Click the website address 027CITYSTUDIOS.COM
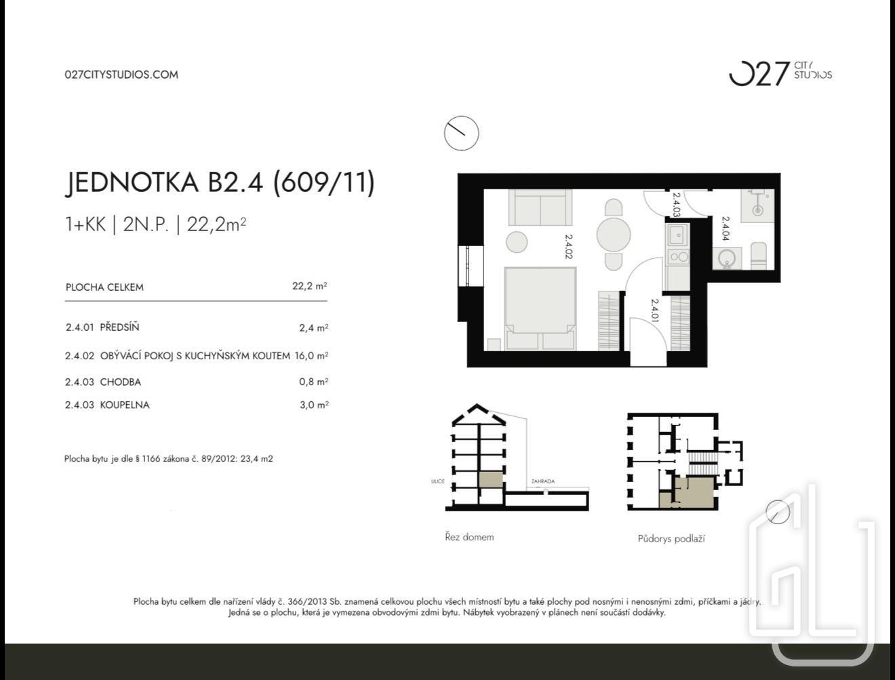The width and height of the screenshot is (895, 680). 121,75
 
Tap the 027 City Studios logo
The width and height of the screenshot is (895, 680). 780,74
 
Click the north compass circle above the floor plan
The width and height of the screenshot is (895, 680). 462,133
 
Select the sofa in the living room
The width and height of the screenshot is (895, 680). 540,207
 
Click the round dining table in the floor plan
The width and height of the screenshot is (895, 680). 614,235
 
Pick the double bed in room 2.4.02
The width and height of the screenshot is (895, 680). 540,308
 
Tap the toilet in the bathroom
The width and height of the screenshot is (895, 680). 759,256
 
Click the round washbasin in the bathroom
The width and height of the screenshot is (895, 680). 727,258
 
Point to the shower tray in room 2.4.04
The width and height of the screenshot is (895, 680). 757,205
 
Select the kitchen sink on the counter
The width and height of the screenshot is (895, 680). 677,235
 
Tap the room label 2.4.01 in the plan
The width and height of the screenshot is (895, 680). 654,311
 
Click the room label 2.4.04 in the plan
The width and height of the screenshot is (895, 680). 725,228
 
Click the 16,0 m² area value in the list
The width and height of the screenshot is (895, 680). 311,356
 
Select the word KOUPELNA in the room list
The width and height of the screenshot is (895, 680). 125,405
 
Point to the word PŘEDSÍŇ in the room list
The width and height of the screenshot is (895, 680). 119,327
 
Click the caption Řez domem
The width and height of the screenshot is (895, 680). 469,537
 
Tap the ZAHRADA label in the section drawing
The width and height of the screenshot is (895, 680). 542,481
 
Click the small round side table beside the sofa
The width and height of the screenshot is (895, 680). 517,242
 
